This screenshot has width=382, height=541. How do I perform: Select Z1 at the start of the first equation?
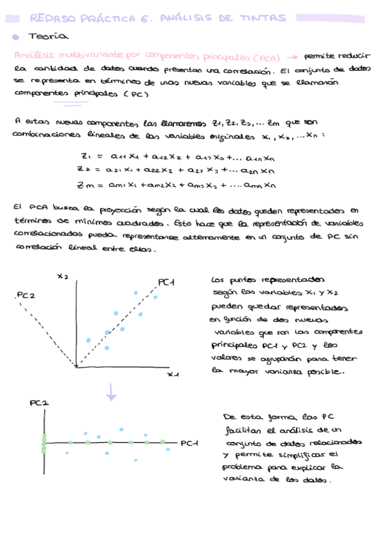[86, 156]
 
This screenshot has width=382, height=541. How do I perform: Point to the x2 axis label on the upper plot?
[62, 276]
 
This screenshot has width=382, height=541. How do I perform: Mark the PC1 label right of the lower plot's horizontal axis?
[190, 443]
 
